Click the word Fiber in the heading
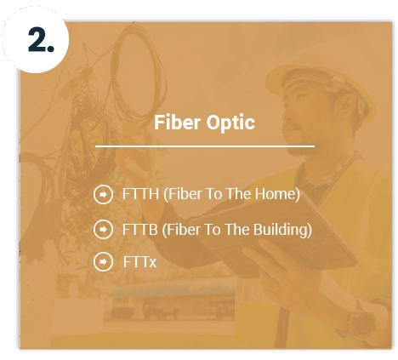(x=174, y=122)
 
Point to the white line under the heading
(x=204, y=146)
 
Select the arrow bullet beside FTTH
(x=103, y=195)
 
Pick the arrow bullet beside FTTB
(x=103, y=230)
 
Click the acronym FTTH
(x=139, y=195)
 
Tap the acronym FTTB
(x=139, y=230)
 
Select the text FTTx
(x=139, y=262)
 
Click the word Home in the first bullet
(x=276, y=195)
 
